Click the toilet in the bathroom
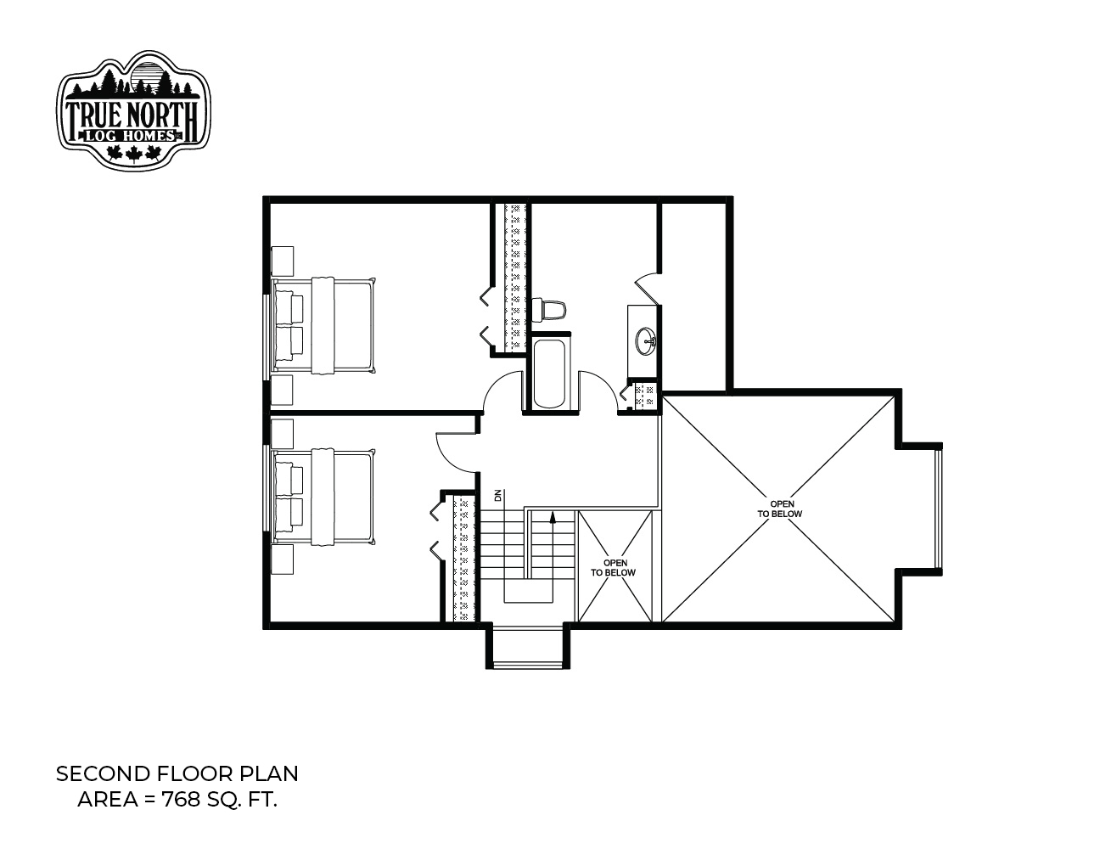tap(548, 309)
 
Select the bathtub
tap(549, 374)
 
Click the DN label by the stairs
tap(497, 495)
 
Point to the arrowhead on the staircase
tap(553, 517)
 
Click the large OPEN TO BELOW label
tap(779, 509)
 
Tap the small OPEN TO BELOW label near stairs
tap(613, 567)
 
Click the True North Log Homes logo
tap(133, 110)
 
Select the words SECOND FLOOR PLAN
tap(177, 774)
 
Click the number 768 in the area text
tap(181, 800)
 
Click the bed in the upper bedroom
tap(324, 325)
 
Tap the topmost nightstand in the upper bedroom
tap(282, 261)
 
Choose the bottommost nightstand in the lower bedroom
tap(282, 559)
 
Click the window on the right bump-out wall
tap(939, 509)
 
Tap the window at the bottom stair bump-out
tap(527, 665)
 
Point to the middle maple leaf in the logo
tap(133, 154)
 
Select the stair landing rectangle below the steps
tap(528, 591)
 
